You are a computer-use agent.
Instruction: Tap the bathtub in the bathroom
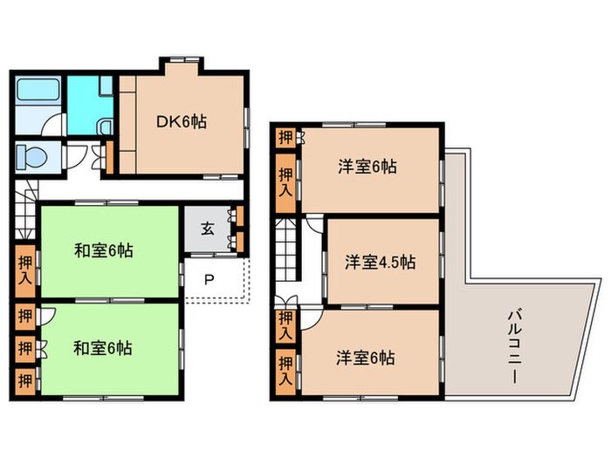coord(37,90)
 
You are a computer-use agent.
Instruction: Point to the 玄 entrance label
coord(208,229)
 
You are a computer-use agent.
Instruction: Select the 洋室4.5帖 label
coord(379,261)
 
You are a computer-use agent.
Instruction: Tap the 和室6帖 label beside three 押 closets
coord(103,347)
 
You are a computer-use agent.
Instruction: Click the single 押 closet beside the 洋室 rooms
coord(285,137)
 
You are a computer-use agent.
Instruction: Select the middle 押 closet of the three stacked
coord(25,347)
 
